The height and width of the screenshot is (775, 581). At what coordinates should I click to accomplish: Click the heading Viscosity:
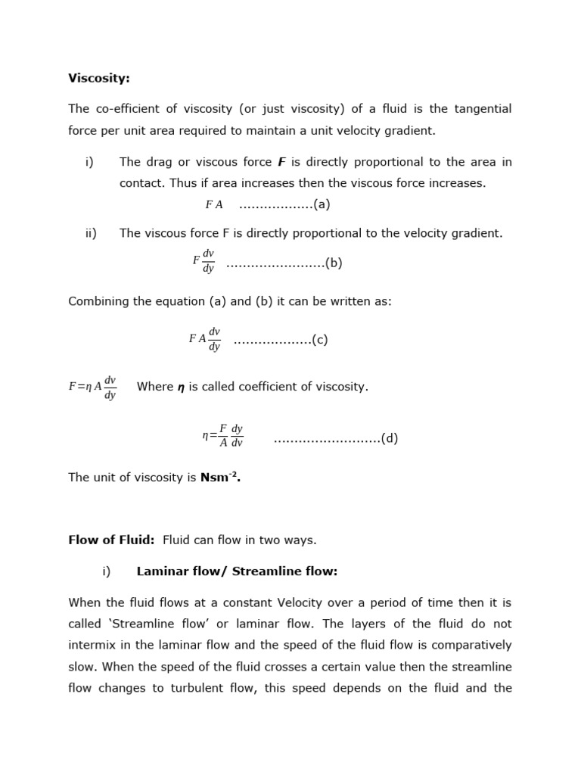99,78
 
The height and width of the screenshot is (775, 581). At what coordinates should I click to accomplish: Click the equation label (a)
322,204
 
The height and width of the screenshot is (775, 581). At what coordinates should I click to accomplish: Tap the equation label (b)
334,263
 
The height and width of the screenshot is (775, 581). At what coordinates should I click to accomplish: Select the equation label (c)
319,340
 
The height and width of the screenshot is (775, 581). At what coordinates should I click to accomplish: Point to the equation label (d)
389,438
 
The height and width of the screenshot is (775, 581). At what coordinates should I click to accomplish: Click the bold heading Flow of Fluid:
111,540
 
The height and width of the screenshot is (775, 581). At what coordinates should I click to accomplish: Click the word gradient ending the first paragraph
410,130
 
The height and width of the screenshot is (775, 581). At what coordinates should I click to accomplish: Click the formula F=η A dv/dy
92,387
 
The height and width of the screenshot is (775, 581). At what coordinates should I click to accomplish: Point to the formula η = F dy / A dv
222,436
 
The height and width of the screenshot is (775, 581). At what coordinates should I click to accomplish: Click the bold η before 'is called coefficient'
181,387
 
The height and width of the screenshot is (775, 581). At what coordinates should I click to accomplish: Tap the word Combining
97,301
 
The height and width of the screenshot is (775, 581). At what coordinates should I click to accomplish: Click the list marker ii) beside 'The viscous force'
91,233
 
